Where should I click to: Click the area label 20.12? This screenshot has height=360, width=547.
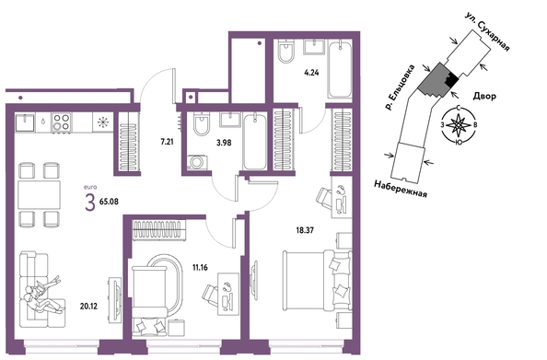point(88,307)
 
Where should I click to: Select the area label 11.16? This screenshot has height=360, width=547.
point(200,268)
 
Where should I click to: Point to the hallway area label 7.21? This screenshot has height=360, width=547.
point(167,142)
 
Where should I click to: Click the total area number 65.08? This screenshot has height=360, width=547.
point(109,202)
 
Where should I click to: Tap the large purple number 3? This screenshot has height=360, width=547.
point(90,203)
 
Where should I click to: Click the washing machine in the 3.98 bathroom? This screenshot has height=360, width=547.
point(197,163)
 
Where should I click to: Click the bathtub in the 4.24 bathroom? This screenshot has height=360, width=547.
point(340,69)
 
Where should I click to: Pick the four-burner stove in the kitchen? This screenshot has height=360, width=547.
point(61,122)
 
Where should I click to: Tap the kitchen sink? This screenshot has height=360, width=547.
point(25,122)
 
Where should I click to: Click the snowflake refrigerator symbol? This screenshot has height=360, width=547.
point(103,122)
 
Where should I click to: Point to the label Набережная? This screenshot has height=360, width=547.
point(401,189)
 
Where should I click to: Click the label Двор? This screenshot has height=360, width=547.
point(484,97)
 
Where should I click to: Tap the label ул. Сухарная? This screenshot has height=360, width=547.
point(488,31)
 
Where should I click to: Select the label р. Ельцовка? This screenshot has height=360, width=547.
point(399,87)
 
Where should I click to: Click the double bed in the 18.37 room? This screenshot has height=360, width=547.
point(318,280)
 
